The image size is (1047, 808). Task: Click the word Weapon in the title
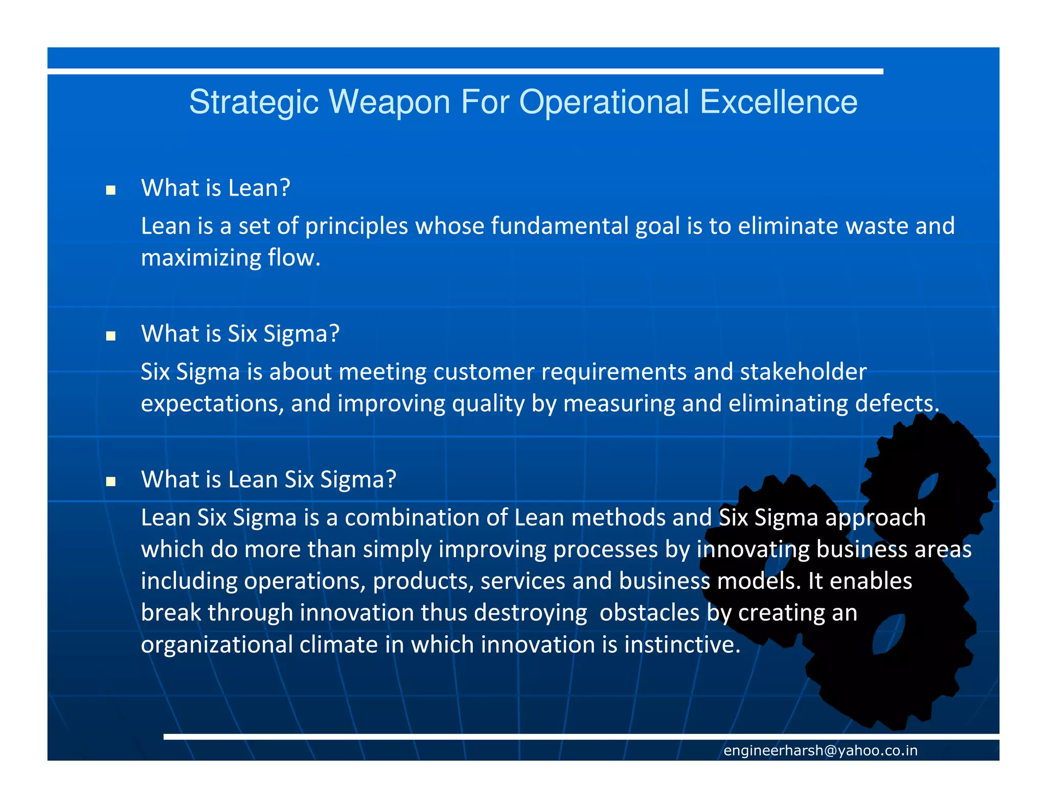[389, 102]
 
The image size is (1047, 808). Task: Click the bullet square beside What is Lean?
[110, 191]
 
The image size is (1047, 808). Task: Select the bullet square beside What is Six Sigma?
[110, 336]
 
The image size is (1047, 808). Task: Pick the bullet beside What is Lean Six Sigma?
[110, 482]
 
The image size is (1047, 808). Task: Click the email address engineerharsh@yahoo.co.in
[820, 750]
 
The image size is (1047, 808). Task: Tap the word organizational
[216, 645]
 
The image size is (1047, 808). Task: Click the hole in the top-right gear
[928, 485]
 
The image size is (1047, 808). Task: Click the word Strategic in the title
[254, 102]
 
